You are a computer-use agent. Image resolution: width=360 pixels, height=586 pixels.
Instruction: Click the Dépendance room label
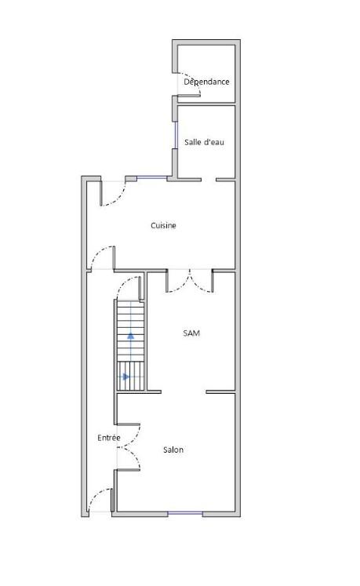coord(206,82)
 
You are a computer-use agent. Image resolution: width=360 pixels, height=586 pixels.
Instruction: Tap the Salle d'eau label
coord(204,142)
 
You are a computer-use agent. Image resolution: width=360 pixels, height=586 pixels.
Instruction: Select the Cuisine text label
coord(163,225)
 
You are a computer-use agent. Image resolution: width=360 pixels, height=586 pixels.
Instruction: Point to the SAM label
coord(191,333)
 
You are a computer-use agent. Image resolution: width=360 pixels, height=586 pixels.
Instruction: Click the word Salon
coord(173,450)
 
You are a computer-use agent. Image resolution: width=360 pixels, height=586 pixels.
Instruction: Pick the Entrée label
coord(109,438)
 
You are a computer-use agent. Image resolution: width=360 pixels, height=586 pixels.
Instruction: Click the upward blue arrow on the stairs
coord(130,335)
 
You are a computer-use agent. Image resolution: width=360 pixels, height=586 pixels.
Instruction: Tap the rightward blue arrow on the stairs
coord(126,377)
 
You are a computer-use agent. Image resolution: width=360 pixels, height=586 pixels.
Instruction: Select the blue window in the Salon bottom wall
coord(185,514)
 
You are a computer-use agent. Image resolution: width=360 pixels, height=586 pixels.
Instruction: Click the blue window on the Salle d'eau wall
coord(176,135)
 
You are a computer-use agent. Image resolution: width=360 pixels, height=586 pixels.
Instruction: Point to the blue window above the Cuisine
coord(152,178)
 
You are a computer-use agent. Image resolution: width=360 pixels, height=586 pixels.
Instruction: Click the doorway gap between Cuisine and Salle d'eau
coord(209,180)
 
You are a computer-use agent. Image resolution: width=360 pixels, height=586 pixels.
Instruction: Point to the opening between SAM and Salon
coord(184,392)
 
